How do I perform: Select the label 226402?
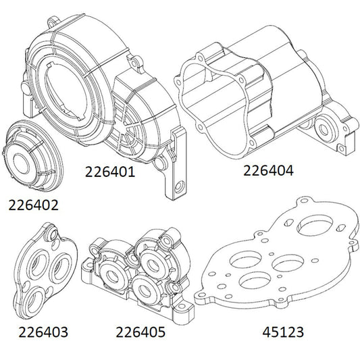point(33,203)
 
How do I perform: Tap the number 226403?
point(44,332)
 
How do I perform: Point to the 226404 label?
point(268,172)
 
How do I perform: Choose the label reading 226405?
point(140,332)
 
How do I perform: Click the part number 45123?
point(282,332)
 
